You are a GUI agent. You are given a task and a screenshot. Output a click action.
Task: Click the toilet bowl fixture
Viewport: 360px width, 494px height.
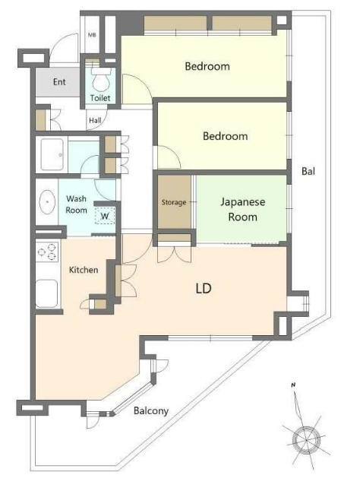pos(101,80)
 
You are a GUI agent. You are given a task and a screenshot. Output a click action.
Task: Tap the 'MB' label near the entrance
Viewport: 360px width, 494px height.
pos(92,35)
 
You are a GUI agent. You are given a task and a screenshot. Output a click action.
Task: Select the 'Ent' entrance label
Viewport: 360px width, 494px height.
pos(59,82)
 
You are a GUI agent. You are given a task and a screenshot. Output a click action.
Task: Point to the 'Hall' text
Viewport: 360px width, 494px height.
pos(95,120)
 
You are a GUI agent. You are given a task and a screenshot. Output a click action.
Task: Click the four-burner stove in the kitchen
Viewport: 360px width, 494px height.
pos(48,252)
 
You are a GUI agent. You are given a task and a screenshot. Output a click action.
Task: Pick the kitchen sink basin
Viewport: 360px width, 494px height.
pos(46,293)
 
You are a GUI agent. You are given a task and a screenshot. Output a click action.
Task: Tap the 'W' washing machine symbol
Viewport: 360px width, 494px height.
pos(105,216)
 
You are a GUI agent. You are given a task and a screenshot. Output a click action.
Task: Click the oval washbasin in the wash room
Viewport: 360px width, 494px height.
pos(47,201)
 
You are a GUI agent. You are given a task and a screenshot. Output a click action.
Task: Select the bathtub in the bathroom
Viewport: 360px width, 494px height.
pos(52,154)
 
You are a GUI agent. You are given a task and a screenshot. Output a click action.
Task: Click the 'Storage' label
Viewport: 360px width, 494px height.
pos(173,202)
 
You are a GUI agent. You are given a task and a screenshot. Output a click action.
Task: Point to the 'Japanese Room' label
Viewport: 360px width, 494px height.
pos(242,209)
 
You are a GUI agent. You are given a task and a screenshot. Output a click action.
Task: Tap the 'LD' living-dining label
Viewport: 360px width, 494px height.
pos(204,288)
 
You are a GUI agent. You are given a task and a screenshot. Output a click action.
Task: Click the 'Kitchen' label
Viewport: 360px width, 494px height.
pos(84,270)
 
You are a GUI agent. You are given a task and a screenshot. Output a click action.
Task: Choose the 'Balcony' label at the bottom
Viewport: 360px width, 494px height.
pos(151,411)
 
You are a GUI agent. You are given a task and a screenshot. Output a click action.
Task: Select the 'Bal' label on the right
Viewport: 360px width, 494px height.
pos(308,171)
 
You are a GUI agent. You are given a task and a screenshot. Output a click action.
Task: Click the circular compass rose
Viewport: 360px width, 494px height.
pos(306,439)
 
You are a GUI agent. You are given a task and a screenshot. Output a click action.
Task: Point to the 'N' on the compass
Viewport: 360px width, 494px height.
pos(293,385)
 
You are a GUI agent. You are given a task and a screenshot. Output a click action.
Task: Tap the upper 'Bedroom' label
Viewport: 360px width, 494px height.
pos(207,66)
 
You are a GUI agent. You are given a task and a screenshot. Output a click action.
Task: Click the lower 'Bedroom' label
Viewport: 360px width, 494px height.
pos(226,136)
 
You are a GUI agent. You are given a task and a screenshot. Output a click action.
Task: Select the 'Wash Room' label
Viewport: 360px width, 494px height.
pos(76,204)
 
